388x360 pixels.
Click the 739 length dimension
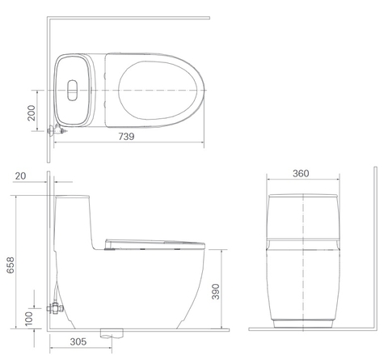[126, 137]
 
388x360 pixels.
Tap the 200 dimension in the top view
[32, 112]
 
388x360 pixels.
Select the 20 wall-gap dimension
[20, 176]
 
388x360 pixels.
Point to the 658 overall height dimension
[11, 265]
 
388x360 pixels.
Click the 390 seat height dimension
[216, 291]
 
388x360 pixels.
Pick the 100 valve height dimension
[28, 319]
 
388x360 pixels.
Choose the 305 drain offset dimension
[78, 341]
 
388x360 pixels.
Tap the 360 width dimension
[301, 173]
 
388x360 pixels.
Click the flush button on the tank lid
[72, 90]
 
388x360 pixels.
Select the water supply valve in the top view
[57, 130]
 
